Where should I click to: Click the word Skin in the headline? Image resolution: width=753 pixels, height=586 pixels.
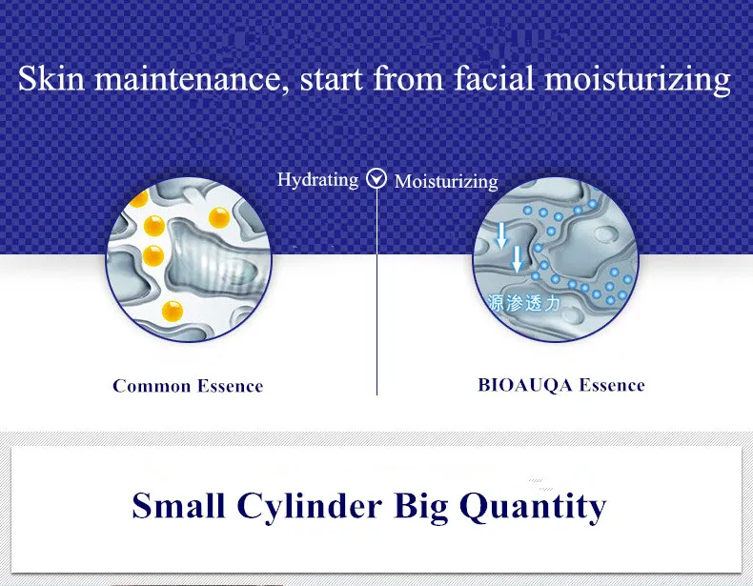tap(51, 78)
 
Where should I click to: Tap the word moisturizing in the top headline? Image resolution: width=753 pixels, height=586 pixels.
tap(638, 80)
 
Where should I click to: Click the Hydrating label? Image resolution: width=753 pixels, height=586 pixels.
tap(318, 180)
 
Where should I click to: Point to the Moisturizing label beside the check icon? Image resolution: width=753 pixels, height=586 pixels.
tap(446, 181)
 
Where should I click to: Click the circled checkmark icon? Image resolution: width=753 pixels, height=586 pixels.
tap(376, 178)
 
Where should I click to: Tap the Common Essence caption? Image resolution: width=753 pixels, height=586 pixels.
tap(188, 386)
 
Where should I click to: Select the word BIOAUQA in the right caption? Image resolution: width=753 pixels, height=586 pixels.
tap(525, 385)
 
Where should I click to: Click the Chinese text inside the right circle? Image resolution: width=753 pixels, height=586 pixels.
tap(523, 303)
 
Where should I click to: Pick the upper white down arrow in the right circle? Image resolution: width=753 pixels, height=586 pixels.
tap(501, 235)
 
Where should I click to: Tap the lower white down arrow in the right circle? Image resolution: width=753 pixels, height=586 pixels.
tap(517, 259)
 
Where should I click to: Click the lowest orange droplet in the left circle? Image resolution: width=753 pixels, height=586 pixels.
tap(173, 312)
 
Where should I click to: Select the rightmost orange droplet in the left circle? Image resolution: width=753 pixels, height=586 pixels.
tap(219, 218)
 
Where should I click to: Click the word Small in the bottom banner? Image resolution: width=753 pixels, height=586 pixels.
tap(178, 505)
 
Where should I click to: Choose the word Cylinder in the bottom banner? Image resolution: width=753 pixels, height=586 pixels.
tap(310, 507)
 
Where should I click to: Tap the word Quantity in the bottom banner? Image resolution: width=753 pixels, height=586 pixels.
tap(533, 507)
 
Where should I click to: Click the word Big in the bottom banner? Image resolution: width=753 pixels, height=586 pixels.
tap(421, 507)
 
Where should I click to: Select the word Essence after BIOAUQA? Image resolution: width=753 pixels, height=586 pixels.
tap(612, 385)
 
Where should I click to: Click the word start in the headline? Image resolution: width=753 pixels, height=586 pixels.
tap(332, 79)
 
